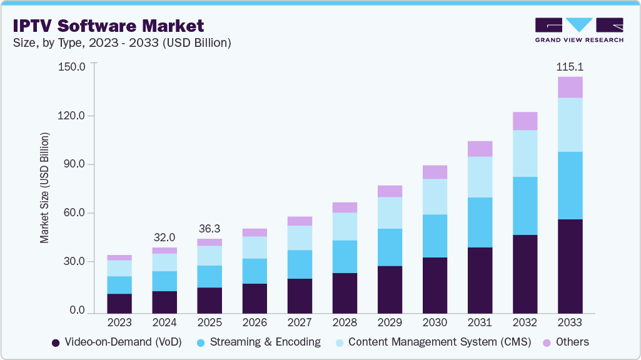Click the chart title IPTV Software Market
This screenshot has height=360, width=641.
click(109, 26)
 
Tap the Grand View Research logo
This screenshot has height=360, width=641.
click(578, 29)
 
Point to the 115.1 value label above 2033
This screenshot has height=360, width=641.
click(570, 66)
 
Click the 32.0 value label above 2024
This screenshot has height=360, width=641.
click(164, 237)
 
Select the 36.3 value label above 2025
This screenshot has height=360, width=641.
click(209, 229)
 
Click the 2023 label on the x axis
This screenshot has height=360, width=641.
click(119, 322)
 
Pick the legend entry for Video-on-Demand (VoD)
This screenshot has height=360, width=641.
click(116, 342)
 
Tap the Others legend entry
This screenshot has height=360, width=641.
click(567, 342)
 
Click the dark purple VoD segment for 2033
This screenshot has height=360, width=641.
click(570, 266)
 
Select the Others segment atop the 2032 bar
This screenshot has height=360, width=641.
click(525, 121)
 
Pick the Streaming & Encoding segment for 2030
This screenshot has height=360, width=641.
click(435, 236)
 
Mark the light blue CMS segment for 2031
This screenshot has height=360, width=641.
click(480, 177)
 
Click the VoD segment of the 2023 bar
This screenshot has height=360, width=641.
click(119, 303)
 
